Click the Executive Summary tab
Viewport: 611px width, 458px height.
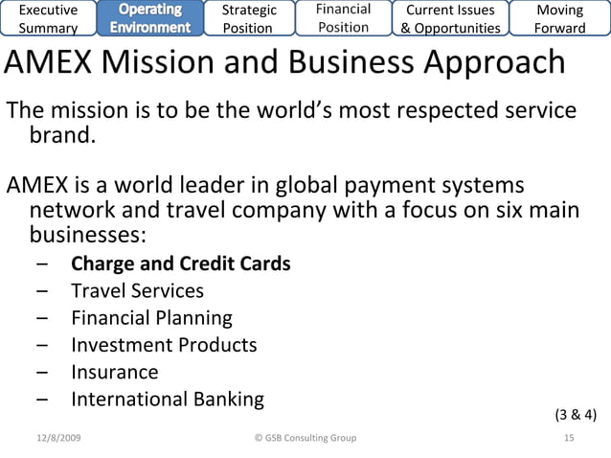[x=49, y=18]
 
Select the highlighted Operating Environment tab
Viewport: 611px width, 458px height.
[x=150, y=18]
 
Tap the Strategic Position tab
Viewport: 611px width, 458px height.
[x=248, y=18]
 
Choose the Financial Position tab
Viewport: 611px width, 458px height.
[x=344, y=18]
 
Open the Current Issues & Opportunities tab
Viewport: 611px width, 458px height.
[x=450, y=18]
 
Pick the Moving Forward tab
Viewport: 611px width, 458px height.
[x=560, y=18]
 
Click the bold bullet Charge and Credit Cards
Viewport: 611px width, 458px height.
[x=180, y=263]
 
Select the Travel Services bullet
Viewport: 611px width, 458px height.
[x=137, y=290]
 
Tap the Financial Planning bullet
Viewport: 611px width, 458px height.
[x=151, y=317]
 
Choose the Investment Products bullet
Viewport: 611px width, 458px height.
[x=164, y=345]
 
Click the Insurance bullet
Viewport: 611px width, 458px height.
[x=114, y=372]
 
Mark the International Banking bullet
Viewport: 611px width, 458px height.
[x=167, y=399]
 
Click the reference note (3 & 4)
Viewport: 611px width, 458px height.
[x=576, y=415]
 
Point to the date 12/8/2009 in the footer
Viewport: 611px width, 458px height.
[x=58, y=438]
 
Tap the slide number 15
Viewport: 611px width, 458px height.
[x=569, y=438]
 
